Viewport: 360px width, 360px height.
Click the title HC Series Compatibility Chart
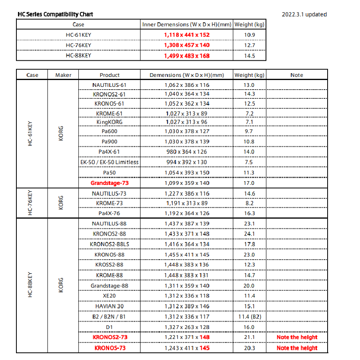tap(55, 14)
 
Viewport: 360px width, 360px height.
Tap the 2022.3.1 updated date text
tap(304, 14)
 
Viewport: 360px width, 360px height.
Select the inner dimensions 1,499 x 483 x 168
tap(186, 56)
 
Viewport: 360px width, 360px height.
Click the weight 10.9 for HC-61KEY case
tap(250, 35)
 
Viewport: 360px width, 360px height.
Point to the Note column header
tap(297, 75)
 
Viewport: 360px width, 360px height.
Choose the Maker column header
tap(63, 75)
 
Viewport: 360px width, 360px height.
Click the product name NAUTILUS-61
tap(110, 85)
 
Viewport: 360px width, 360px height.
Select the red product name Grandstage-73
tap(110, 183)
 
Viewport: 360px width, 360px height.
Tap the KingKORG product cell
tap(110, 122)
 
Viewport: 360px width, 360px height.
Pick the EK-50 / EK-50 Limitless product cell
tap(110, 162)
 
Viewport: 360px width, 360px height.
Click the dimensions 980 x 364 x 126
tap(186, 152)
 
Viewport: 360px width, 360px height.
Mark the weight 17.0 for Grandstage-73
tap(249, 183)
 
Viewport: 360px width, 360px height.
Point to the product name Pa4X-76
tap(110, 213)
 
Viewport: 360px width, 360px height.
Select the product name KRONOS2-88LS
tap(110, 244)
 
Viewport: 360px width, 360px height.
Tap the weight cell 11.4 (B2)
tap(249, 316)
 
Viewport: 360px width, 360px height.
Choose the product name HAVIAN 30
tap(110, 306)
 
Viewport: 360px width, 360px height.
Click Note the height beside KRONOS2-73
tap(297, 337)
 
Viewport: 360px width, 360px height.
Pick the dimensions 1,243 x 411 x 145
tap(186, 348)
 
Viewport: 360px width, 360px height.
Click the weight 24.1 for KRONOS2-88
tap(249, 234)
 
